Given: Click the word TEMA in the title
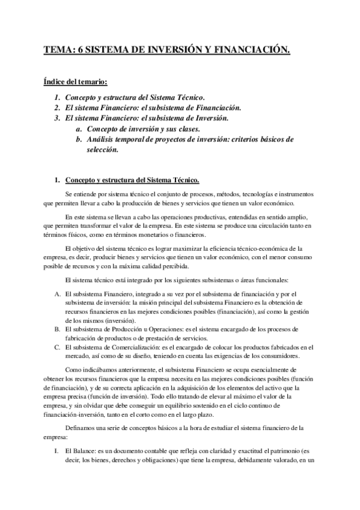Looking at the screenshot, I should (x=58, y=52).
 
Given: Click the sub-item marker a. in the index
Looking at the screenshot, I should (x=79, y=129).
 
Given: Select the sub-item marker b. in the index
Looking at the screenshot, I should (x=79, y=140).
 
